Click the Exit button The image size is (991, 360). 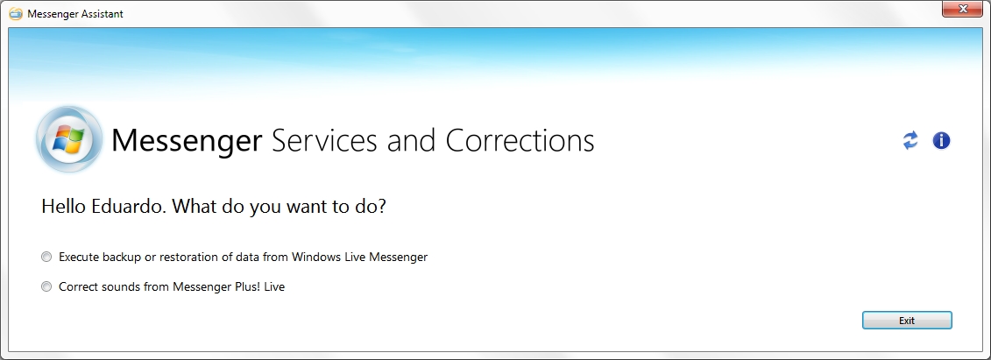[x=907, y=321]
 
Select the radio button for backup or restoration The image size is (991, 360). [x=46, y=257]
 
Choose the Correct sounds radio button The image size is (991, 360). [x=46, y=286]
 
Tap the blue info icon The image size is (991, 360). [x=942, y=140]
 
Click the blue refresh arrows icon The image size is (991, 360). [x=910, y=140]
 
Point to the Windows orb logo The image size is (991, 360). [x=69, y=139]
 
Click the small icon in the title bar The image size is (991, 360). [x=16, y=13]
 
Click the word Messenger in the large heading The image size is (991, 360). [x=187, y=141]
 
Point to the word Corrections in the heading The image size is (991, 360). [x=520, y=140]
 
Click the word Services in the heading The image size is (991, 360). [x=324, y=140]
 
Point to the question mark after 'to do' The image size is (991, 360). [x=381, y=206]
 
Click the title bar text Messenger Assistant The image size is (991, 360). [x=75, y=13]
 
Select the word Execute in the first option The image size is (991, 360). [x=79, y=257]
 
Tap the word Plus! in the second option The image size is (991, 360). [x=250, y=286]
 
